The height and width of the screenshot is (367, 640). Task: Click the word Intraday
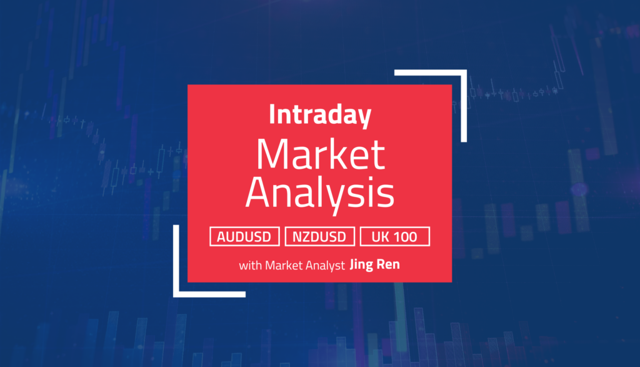coord(319,115)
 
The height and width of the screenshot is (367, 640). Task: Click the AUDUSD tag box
coord(245,236)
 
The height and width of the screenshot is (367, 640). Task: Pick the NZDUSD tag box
coord(319,236)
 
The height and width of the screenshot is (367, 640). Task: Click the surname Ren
coord(390,265)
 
